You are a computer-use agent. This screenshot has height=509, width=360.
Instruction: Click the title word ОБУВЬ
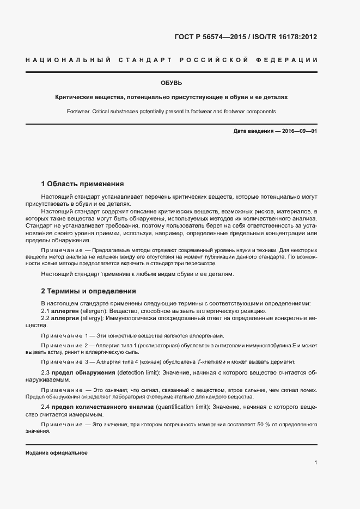click(x=171, y=83)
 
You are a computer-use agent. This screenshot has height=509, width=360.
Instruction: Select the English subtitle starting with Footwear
click(x=171, y=111)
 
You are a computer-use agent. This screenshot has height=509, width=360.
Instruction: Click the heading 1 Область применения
click(x=82, y=184)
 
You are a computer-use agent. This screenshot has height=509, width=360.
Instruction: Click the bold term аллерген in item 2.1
click(x=66, y=310)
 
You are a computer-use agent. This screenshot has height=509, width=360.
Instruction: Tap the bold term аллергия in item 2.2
click(x=66, y=317)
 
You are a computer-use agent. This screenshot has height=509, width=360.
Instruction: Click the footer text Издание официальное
click(x=56, y=453)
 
